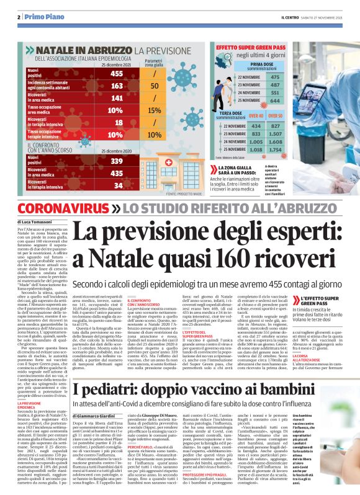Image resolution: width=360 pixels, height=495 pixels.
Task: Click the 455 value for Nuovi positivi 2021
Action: [x=116, y=74]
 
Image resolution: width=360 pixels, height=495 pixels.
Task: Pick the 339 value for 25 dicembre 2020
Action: [x=116, y=161]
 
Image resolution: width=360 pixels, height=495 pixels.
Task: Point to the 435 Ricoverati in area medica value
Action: [x=116, y=173]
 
